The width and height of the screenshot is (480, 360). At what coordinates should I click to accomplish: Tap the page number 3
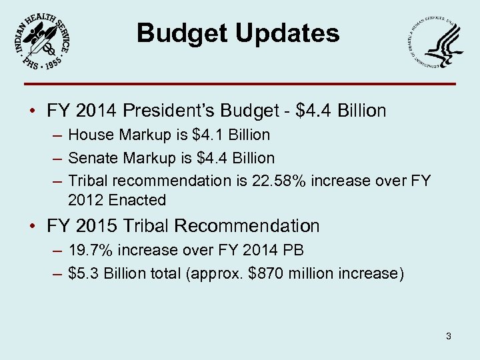[x=449, y=336]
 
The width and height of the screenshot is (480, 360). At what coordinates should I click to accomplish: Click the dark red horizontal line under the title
[x=240, y=84]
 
